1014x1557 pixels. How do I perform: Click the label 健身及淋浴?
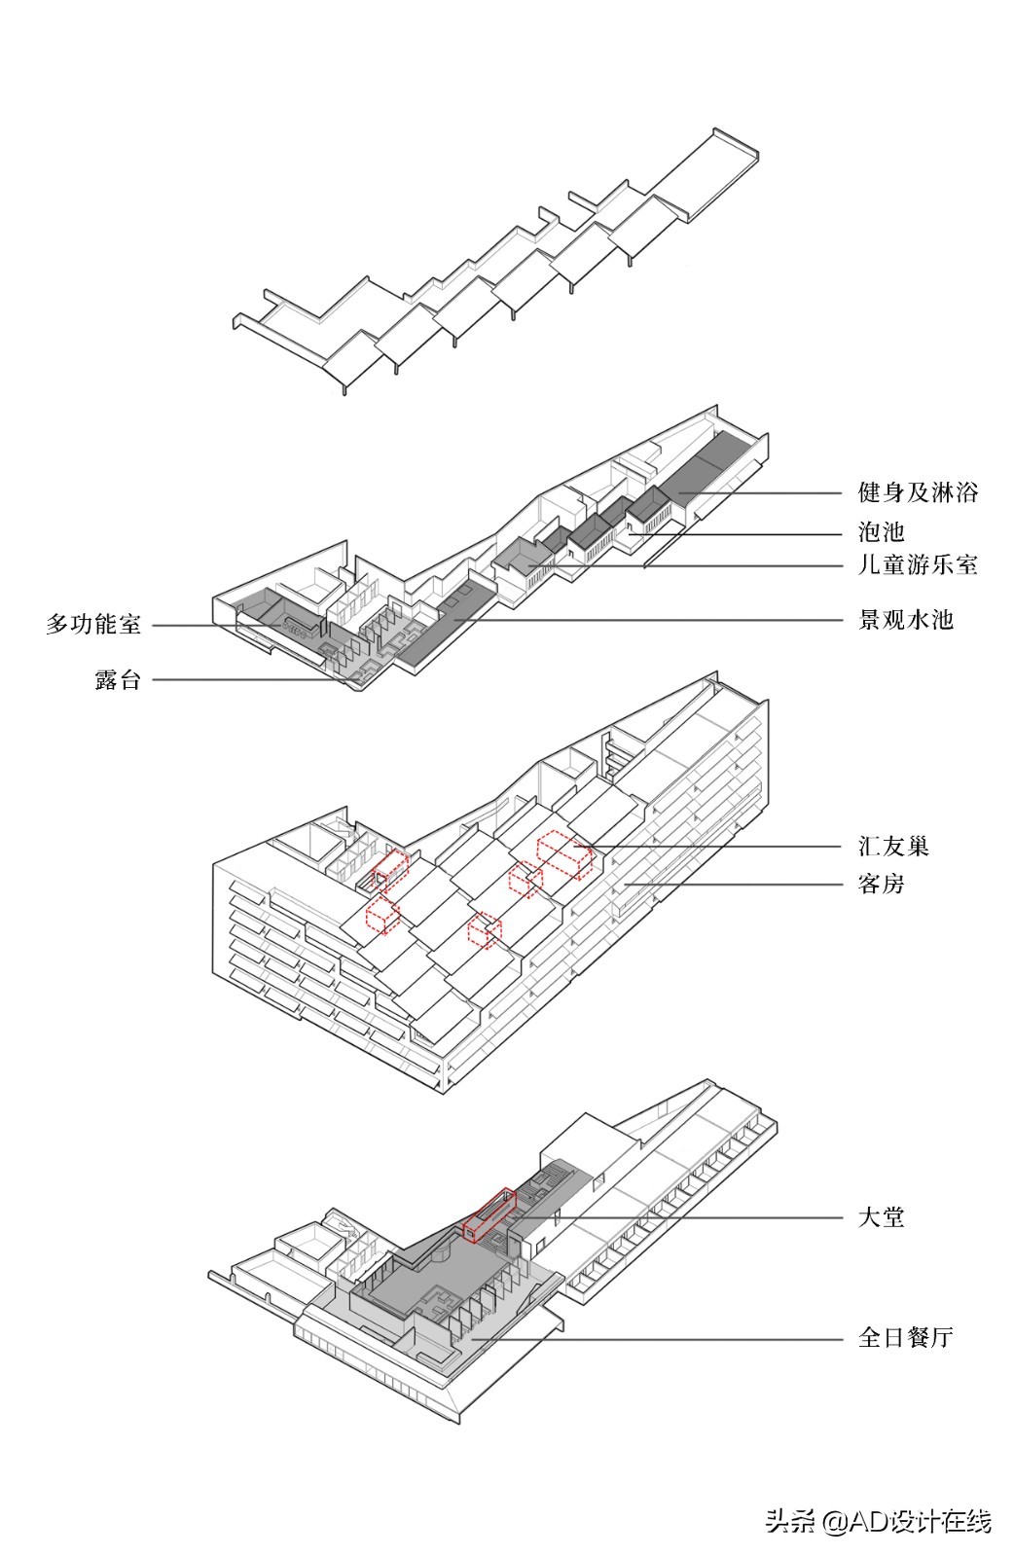pos(918,492)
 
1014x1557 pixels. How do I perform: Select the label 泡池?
pos(881,531)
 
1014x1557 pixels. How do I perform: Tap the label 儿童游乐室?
pos(918,564)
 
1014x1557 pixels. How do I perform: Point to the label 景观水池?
pos(905,620)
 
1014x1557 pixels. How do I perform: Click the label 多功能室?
pos(93,624)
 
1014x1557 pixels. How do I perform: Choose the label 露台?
pos(118,679)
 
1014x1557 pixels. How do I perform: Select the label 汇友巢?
pos(893,846)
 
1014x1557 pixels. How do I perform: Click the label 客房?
pos(881,884)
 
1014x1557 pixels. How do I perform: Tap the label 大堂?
pos(881,1216)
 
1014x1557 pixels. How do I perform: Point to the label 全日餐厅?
pos(905,1337)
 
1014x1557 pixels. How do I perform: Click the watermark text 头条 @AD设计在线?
pos(878,1521)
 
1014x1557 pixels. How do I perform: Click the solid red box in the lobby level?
pos(489,1214)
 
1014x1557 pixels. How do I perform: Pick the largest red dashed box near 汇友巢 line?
pos(564,854)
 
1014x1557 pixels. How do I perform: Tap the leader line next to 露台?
pos(243,680)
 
